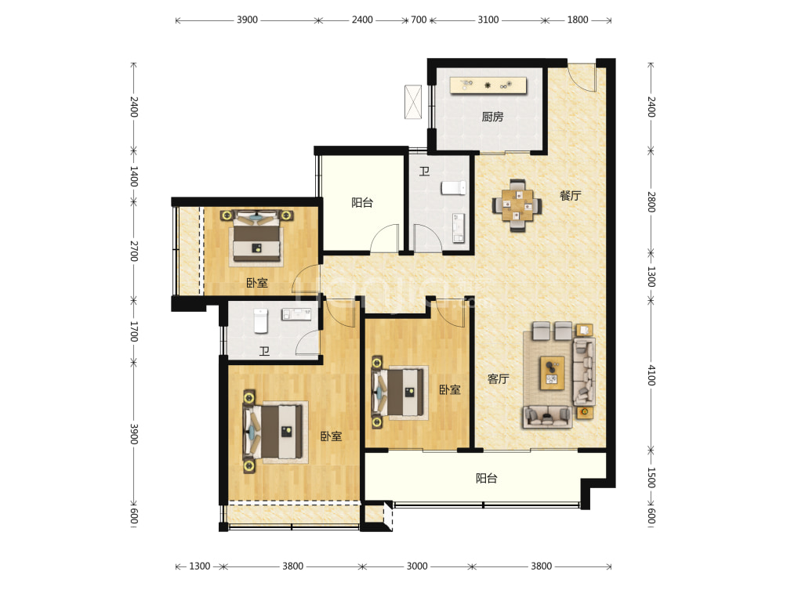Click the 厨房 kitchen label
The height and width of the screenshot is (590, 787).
tap(492, 117)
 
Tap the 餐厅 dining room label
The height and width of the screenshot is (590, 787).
tap(570, 196)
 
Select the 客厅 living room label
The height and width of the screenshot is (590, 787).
tap(498, 378)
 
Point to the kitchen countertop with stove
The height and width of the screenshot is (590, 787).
tap(488, 85)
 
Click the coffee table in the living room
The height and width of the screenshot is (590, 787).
tap(552, 373)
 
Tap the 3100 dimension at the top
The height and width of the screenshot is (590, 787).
tap(488, 20)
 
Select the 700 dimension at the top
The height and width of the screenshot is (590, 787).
tap(419, 20)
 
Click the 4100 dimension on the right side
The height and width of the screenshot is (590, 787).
tap(651, 375)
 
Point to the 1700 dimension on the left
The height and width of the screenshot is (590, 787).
tap(133, 331)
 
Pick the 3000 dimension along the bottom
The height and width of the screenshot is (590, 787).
tap(416, 566)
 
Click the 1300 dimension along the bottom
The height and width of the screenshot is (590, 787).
tap(199, 566)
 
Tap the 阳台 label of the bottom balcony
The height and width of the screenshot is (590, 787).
tap(486, 478)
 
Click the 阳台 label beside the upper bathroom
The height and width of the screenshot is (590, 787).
tap(362, 203)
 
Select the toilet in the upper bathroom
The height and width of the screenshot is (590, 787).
tap(454, 187)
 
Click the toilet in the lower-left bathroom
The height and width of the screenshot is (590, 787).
tap(260, 321)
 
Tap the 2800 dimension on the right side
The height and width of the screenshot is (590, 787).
tap(651, 201)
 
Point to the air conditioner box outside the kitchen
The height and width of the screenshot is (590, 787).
tap(412, 102)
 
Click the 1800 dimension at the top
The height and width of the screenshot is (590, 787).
tap(577, 20)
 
